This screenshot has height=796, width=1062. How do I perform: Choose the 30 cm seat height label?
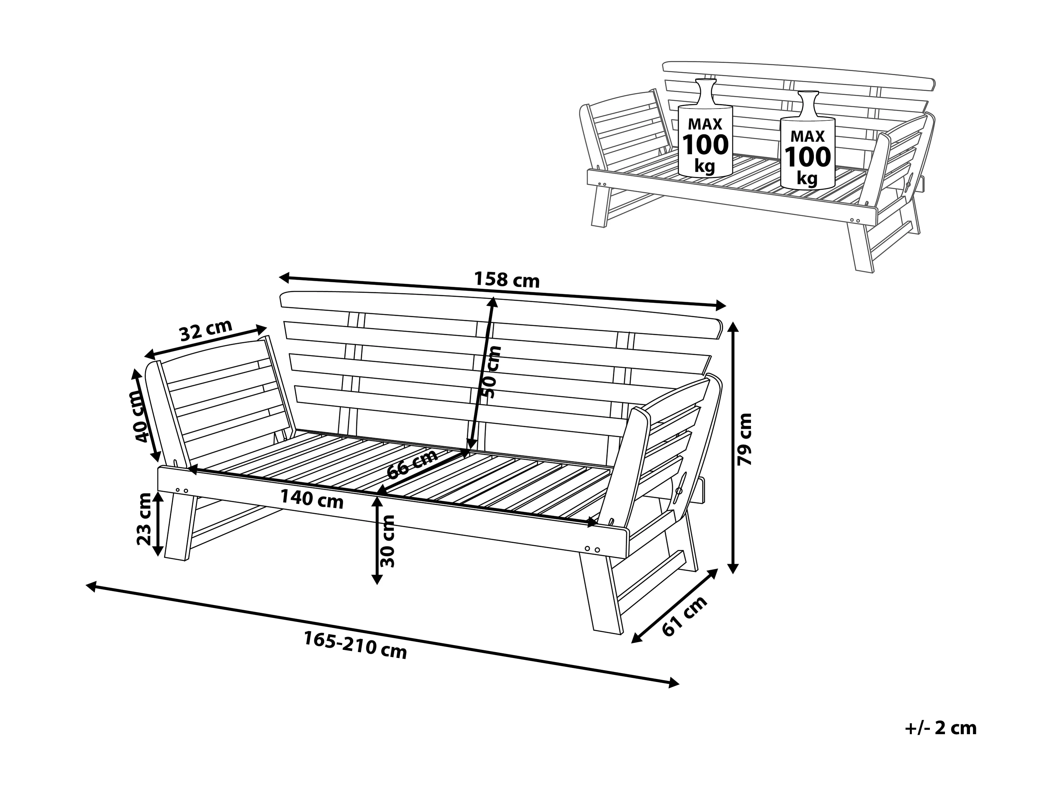click(387, 541)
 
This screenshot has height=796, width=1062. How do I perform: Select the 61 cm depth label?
click(685, 616)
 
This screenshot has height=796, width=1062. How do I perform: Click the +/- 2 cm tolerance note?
click(941, 728)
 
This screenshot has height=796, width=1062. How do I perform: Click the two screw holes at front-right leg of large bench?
click(592, 548)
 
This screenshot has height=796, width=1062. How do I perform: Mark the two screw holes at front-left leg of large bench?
click(182, 490)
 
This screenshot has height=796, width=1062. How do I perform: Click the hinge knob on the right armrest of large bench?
click(679, 491)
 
